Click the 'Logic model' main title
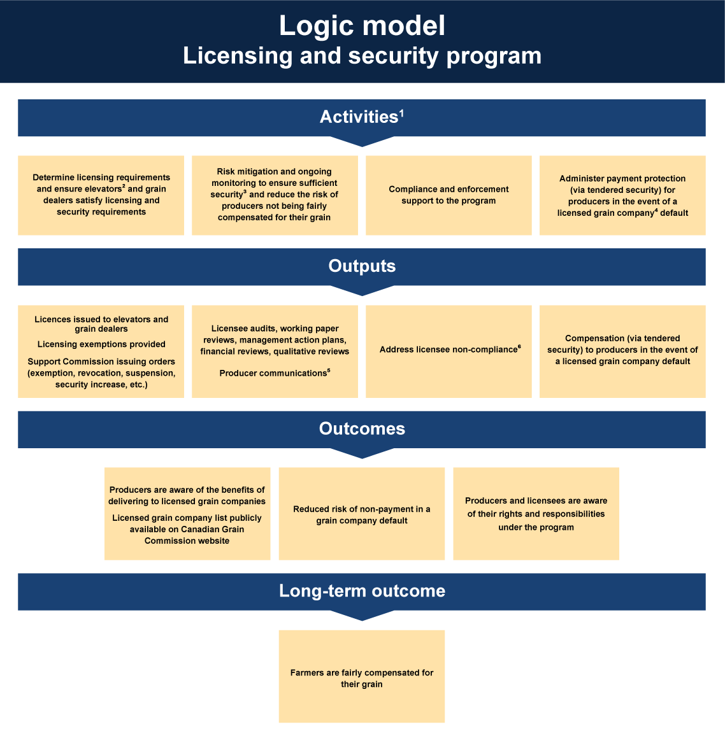click(362, 25)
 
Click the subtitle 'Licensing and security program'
click(362, 56)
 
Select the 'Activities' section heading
click(359, 117)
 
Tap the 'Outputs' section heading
click(362, 266)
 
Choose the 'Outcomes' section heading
click(362, 428)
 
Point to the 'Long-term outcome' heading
click(362, 591)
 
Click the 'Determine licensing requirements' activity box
click(101, 195)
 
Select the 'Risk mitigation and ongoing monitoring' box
click(275, 195)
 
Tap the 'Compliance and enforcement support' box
click(449, 195)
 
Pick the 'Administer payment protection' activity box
click(622, 195)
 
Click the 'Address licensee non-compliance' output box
click(449, 351)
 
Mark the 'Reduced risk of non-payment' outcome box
click(362, 514)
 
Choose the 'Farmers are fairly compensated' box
click(362, 676)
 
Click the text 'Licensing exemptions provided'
click(101, 344)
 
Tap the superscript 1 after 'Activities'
click(401, 113)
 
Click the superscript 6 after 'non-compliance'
click(520, 346)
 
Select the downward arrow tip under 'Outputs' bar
click(362, 295)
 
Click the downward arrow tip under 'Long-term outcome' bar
click(362, 621)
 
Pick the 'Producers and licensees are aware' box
click(536, 514)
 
